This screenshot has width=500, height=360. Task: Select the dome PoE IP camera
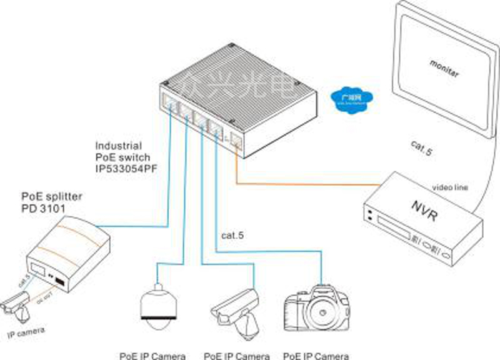[x=155, y=306]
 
